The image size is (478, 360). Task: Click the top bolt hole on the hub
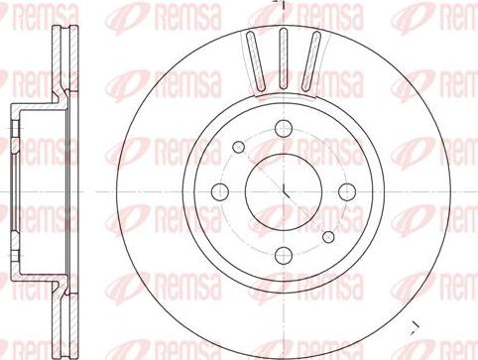click(x=283, y=127)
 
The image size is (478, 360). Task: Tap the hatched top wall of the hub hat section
click(x=34, y=106)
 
